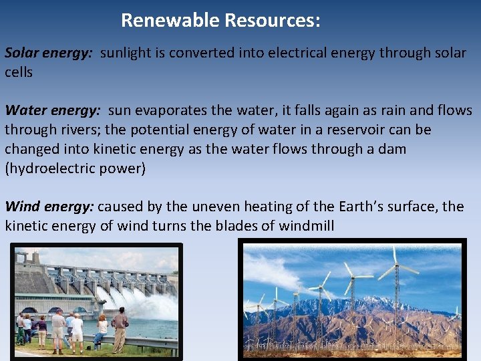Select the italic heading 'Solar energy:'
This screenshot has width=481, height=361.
49,53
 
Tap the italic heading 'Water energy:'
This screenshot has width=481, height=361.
52,110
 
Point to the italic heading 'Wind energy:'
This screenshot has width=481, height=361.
49,207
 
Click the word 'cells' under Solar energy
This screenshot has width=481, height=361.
19,72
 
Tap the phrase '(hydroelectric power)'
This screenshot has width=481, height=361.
75,168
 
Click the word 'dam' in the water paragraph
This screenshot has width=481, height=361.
391,149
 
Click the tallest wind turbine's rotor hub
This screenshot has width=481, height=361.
395,266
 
